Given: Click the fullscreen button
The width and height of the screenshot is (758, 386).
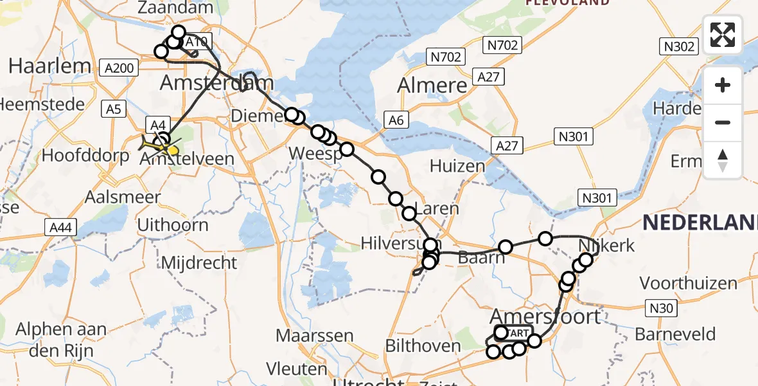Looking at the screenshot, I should [723, 35].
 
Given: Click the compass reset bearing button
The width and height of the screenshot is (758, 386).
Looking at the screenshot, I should [723, 160].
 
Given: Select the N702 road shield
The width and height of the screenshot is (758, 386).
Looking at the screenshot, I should [445, 57].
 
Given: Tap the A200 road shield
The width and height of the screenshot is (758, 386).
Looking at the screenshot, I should [119, 68].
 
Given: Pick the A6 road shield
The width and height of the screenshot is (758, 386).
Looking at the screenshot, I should [395, 119].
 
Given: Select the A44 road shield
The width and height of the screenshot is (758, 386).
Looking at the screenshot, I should [62, 226].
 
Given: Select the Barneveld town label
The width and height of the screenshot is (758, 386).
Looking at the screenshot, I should [675, 335].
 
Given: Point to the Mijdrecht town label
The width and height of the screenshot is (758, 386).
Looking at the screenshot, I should [198, 262].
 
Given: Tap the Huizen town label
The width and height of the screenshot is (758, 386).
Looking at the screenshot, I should [458, 166].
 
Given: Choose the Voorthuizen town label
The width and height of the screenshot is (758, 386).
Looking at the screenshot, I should [688, 283].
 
